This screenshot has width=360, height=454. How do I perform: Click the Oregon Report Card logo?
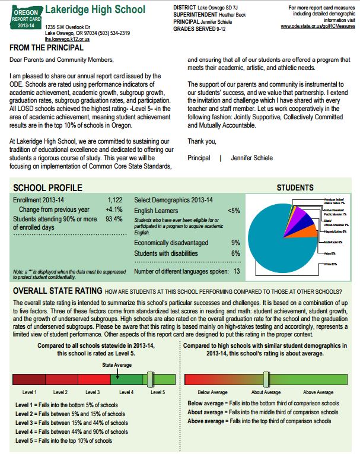click(x=24, y=17)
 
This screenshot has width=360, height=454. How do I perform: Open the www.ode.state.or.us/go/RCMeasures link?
click(x=315, y=27)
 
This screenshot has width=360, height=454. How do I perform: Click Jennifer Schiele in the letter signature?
click(x=253, y=158)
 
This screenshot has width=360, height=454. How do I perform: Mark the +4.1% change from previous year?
click(x=114, y=209)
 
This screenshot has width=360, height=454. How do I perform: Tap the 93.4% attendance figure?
click(x=114, y=219)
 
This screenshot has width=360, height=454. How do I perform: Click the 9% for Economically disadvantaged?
click(x=235, y=243)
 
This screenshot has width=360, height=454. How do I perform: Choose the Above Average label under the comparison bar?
click(x=318, y=392)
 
